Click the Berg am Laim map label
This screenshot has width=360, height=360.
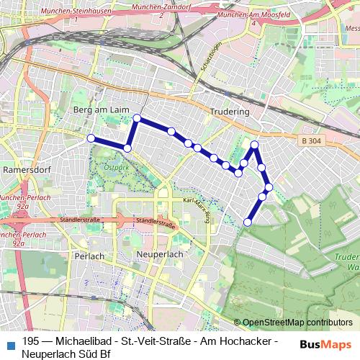click(x=101, y=109)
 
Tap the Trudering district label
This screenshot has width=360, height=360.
click(x=230, y=112)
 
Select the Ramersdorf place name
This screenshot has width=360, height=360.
click(x=24, y=171)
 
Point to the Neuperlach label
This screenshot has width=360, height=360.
click(x=157, y=255)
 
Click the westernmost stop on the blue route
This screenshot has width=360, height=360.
click(x=91, y=138)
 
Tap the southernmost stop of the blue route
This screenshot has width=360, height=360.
click(x=248, y=222)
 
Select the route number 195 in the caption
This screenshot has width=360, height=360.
click(x=31, y=341)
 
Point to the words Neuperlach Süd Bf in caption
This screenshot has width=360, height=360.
click(x=65, y=354)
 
